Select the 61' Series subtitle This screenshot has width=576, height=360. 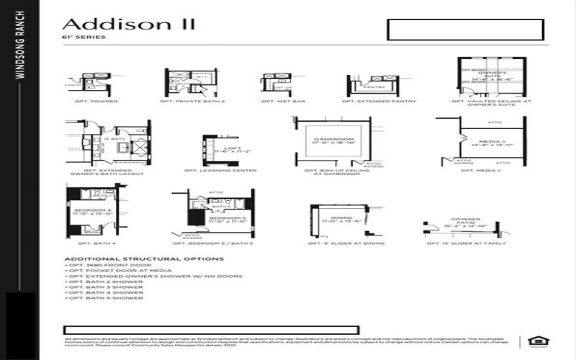click(75, 37)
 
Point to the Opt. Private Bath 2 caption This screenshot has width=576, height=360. click(192, 102)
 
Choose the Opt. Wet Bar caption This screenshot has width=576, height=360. click(273, 102)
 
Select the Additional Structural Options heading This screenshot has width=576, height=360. click(144, 258)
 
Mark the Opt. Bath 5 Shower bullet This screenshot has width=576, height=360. click(105, 298)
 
